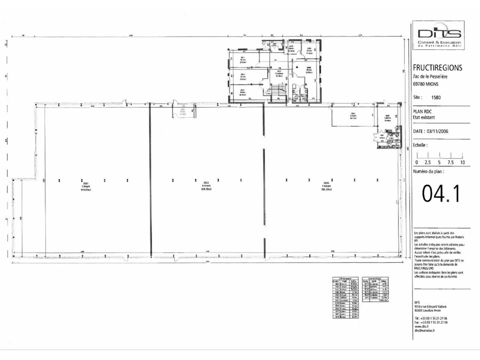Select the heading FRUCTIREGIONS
(x=437, y=68)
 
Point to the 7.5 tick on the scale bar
(x=450, y=162)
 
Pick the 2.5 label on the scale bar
(x=427, y=162)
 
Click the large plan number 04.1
(x=441, y=193)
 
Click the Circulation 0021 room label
(x=279, y=73)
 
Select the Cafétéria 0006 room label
(x=387, y=118)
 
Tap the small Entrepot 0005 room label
(x=353, y=116)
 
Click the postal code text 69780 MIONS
(x=425, y=84)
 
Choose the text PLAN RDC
(x=423, y=112)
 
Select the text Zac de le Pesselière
(x=430, y=77)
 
